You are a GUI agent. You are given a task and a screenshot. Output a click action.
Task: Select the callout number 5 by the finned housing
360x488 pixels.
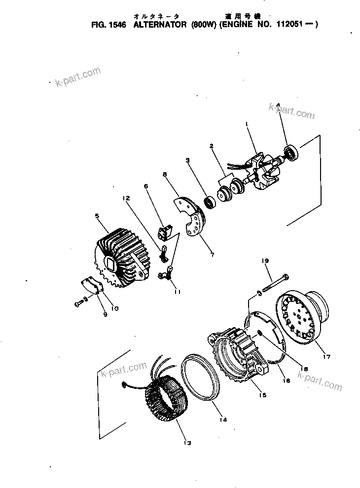point(97,216)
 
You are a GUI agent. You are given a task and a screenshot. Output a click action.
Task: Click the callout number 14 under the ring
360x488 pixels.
point(223,420)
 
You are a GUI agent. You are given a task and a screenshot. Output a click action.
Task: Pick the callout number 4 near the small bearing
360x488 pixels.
point(278,105)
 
